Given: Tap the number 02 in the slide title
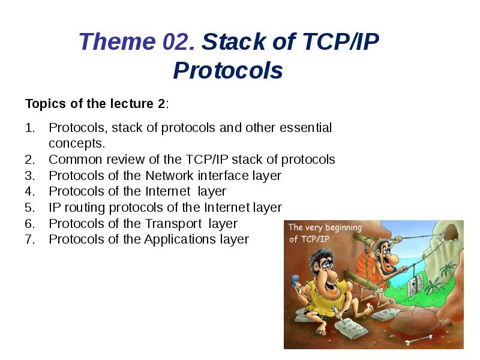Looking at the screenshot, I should click(x=178, y=42).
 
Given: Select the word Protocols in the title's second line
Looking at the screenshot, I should click(x=228, y=71).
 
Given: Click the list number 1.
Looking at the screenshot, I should click(x=30, y=128).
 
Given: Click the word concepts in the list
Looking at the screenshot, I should click(x=76, y=143).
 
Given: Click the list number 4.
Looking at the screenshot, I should click(x=30, y=191).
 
